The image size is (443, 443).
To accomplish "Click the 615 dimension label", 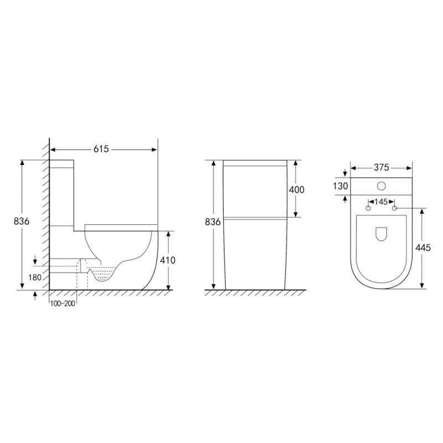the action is pos(101,149).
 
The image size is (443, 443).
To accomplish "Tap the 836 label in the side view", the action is pos(22,221).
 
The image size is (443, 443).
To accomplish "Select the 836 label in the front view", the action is pos(213,222).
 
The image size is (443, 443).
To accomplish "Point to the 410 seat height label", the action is pos(168,260).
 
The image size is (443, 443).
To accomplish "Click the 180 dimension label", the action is pos(35,277).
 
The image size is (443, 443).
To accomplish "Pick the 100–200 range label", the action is pos(63,303).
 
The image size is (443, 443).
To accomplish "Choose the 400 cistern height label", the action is pos(297,189).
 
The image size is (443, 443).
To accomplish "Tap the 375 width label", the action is pos(382,168).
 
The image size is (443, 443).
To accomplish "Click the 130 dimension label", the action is pos(340,187).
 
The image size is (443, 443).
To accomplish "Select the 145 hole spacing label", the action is pos(382,202).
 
